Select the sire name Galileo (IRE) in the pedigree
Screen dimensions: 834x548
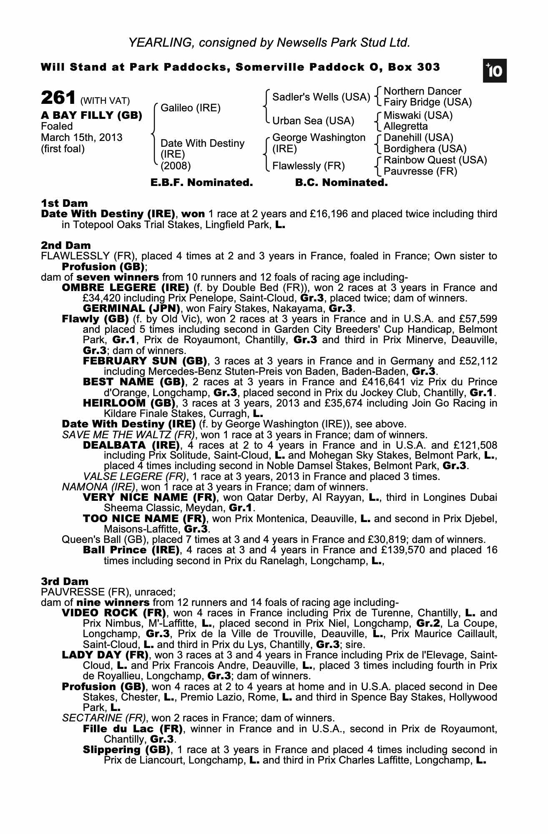(x=190, y=108)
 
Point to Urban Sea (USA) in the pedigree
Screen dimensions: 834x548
(x=313, y=121)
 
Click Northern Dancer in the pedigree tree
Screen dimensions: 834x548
(x=422, y=91)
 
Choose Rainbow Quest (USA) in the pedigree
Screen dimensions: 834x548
(x=435, y=160)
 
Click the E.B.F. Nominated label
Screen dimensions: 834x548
(x=201, y=183)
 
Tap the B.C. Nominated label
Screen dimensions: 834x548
(x=341, y=183)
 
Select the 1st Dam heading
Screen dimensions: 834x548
(x=64, y=203)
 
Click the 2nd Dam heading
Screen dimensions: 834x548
(x=65, y=246)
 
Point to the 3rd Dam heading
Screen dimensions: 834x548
(x=65, y=581)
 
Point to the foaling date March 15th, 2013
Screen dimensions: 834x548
(x=82, y=138)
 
